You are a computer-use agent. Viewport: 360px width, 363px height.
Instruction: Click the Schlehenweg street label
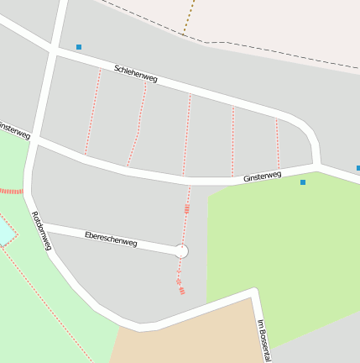136,73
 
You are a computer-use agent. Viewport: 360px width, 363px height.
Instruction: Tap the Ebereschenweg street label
111,238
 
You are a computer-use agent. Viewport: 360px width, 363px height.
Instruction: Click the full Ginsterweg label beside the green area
263,177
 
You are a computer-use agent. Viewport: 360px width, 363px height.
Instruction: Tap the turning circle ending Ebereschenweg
181,250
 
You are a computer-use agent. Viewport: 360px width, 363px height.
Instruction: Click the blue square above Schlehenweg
79,47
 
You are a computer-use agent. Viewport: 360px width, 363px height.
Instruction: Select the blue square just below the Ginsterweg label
303,182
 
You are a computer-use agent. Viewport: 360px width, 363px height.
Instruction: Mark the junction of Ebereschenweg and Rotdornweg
41,226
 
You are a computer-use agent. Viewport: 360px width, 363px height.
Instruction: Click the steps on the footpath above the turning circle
186,208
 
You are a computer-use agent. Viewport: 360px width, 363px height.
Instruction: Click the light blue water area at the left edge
4,229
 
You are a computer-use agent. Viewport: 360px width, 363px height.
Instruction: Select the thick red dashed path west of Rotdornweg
11,192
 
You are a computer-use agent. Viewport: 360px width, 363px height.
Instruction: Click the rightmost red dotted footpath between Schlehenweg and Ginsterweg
277,143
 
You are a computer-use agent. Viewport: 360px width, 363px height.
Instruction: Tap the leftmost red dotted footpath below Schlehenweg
92,111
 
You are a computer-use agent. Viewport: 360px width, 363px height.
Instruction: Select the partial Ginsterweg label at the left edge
13,130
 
